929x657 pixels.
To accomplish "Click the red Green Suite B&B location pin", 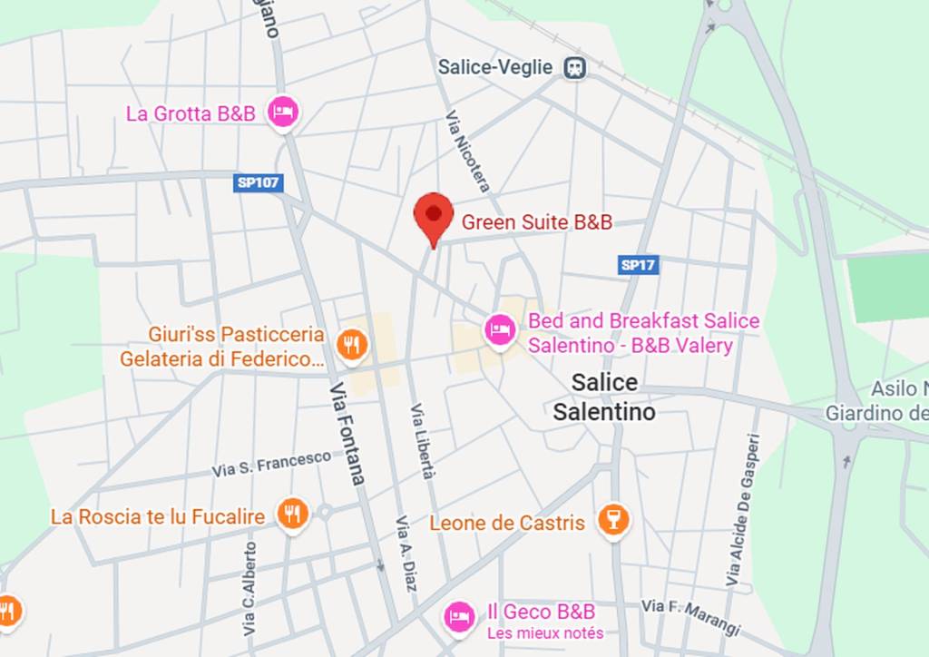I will click(x=434, y=216).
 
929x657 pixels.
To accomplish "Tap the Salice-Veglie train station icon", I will click(x=574, y=67).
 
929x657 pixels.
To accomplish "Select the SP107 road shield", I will click(x=259, y=183).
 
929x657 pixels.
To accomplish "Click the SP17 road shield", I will click(x=639, y=265).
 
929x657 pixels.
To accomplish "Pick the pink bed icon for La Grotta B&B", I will click(x=284, y=113).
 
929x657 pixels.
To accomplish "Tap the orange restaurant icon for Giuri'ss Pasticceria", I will click(x=350, y=344).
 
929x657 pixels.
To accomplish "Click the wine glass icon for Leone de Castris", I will click(x=614, y=521).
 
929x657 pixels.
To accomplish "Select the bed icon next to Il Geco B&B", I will click(x=459, y=617).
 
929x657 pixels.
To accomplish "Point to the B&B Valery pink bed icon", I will click(x=498, y=328).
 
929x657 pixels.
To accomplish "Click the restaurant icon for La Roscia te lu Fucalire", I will click(x=292, y=515).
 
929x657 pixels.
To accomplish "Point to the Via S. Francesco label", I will click(x=271, y=464).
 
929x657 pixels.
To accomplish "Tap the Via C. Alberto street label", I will click(x=249, y=588).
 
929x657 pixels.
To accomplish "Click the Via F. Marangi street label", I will click(x=691, y=615).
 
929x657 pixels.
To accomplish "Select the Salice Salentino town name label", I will click(x=604, y=397).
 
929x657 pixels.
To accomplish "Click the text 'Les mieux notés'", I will click(x=545, y=633).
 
